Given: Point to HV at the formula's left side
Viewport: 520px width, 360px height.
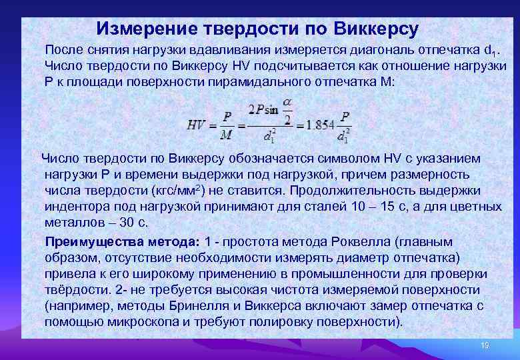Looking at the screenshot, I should pos(196,123).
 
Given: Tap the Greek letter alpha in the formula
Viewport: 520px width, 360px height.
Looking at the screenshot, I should pos(287,101).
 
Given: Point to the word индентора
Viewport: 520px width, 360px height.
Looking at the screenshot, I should pos(74,206).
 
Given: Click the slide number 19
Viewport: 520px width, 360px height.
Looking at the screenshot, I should pos(485,346).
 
